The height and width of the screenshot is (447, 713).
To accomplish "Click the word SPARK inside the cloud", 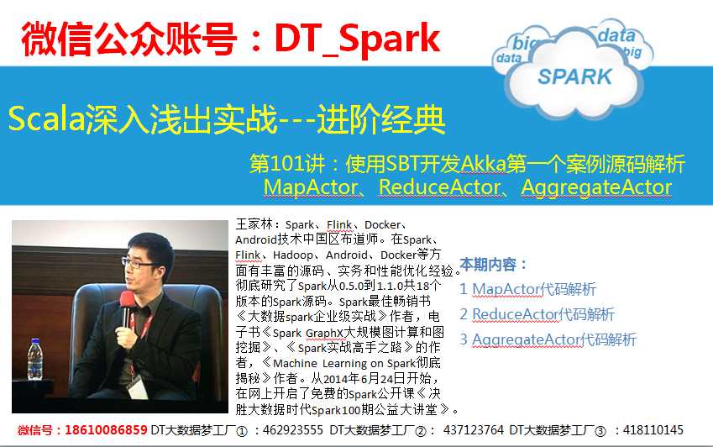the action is [x=574, y=76].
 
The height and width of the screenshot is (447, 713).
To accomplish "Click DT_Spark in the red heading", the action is [x=358, y=39].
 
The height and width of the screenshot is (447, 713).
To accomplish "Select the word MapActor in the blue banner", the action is [x=311, y=187].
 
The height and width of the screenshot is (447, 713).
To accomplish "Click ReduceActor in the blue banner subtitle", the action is [x=440, y=187].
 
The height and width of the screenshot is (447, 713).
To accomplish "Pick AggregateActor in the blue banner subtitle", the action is [x=596, y=187].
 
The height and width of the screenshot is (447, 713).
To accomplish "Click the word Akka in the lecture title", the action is [x=484, y=164].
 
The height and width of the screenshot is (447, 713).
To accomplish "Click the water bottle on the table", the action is [x=35, y=359].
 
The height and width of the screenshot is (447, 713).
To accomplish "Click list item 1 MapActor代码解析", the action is [x=527, y=289].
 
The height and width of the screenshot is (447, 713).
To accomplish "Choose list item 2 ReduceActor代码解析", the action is [x=537, y=314].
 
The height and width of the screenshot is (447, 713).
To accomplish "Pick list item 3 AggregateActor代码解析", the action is [x=548, y=339].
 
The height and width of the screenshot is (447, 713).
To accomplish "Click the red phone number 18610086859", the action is [x=106, y=429].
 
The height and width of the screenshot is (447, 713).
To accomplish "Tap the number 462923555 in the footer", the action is [x=293, y=429].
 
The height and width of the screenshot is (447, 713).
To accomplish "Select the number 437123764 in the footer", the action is [x=474, y=429].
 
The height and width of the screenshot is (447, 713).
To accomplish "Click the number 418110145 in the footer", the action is [x=653, y=429].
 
